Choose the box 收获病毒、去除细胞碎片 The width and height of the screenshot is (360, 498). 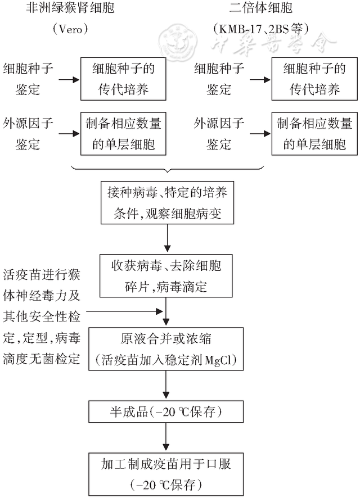point(166,275)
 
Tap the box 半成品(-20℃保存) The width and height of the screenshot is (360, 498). point(166,412)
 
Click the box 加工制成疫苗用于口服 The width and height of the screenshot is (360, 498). point(166,473)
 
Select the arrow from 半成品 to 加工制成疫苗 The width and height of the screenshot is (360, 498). point(166,436)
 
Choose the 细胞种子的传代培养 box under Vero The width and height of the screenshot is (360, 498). point(123,79)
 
